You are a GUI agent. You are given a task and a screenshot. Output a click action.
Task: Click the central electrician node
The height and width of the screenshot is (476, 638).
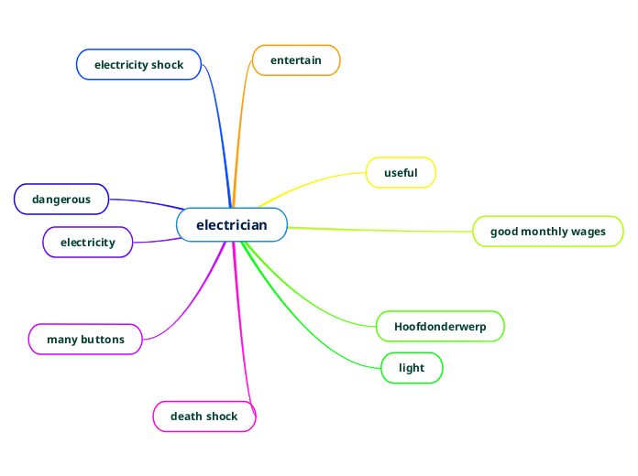pos(232,225)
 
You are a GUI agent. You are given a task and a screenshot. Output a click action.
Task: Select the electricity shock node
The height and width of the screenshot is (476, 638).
pos(138,65)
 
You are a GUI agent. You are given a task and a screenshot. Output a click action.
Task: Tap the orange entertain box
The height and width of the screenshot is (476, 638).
pos(296,60)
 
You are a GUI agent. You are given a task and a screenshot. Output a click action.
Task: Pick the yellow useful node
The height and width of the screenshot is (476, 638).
pos(401,173)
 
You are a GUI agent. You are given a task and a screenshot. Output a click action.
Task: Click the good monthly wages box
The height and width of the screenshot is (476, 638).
pos(548,232)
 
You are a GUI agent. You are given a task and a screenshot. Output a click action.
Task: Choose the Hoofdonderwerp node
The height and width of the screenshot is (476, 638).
pos(440,327)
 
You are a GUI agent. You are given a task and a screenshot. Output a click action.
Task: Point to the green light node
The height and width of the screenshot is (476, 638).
pos(412,368)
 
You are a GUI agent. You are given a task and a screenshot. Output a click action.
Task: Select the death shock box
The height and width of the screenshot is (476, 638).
pos(203,416)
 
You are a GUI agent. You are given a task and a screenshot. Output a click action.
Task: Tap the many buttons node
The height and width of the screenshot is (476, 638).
pos(85,340)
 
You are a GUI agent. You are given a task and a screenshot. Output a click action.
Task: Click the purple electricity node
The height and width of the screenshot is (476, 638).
pos(88,243)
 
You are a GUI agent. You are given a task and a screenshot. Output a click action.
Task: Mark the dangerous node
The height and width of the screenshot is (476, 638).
pos(61,199)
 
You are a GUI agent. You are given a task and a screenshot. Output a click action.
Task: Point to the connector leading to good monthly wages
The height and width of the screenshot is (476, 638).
pos(385,230)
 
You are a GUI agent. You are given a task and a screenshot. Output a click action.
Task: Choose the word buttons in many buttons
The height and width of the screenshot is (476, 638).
pos(103,340)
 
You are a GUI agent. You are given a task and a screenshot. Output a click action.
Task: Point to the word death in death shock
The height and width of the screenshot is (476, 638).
pos(186,416)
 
